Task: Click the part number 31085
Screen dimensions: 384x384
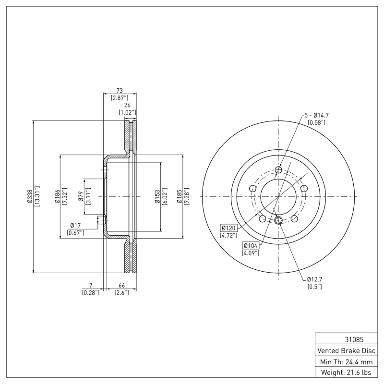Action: point(346,339)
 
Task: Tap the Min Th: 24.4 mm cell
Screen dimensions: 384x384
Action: point(346,361)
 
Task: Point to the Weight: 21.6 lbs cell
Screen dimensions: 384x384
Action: point(346,372)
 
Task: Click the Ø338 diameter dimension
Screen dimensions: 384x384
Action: point(30,197)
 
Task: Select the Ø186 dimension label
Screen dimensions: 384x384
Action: point(57,197)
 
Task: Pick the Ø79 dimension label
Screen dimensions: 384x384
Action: point(81,197)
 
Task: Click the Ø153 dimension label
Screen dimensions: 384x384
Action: point(157,197)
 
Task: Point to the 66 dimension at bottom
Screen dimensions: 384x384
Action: point(121,285)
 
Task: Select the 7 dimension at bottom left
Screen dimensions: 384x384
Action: point(90,285)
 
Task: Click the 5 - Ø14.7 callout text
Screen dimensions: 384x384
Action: point(316,115)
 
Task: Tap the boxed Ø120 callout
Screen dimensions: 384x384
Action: point(229,228)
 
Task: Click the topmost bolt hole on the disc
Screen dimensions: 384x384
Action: point(279,169)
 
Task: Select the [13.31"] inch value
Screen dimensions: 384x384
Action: point(37,197)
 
